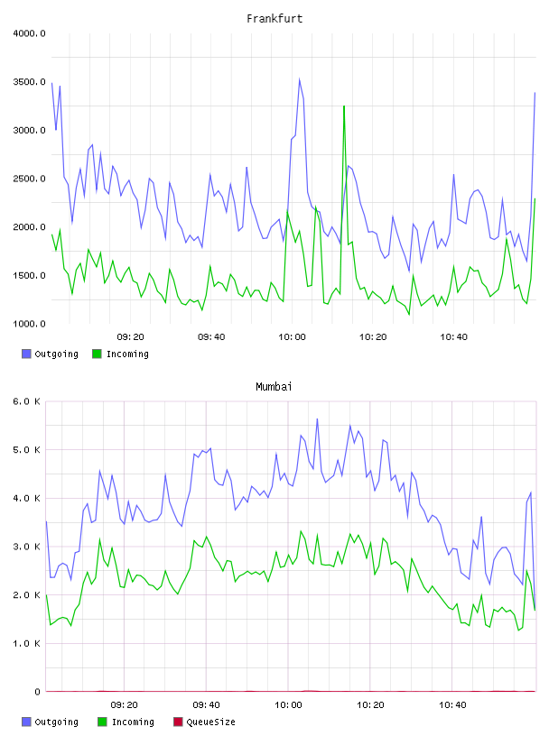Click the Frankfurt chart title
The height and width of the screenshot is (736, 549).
274,19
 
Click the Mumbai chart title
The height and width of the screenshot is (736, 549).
274,387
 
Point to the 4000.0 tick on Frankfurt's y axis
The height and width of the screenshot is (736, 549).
29,33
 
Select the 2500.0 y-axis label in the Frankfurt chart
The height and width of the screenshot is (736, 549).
29,179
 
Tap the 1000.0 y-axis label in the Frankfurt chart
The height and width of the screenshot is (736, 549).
29,324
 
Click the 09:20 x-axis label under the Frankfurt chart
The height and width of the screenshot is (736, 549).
130,337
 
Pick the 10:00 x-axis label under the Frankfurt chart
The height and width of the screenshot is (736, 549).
292,337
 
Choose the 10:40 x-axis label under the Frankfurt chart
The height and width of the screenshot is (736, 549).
453,337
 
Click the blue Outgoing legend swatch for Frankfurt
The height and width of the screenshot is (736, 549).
26,354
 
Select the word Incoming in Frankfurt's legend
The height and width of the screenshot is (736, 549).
127,354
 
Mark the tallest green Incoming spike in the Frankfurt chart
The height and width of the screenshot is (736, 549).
344,106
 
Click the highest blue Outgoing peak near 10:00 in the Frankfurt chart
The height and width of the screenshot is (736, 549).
300,79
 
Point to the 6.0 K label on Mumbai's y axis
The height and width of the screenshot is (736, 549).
27,401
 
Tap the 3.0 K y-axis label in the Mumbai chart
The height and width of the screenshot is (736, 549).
27,547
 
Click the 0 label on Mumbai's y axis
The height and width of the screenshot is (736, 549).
37,692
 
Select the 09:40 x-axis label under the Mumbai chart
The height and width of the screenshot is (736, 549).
207,705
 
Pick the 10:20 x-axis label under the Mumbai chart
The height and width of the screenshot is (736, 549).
370,705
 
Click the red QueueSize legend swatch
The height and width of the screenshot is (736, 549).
178,722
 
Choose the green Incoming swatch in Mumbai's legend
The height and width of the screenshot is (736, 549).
102,722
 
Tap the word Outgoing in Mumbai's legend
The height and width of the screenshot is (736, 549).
56,722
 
